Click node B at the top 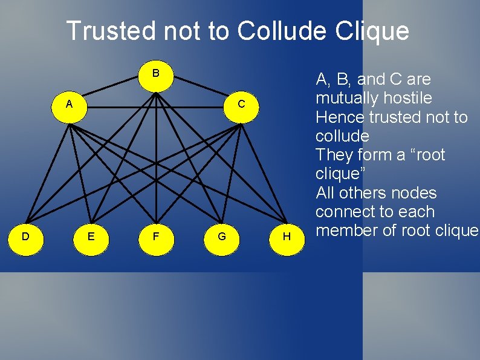(156, 74)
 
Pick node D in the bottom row (25, 236)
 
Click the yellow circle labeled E (91, 236)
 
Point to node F (156, 236)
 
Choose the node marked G (222, 236)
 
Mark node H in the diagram (287, 236)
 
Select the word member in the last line (351, 231)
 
